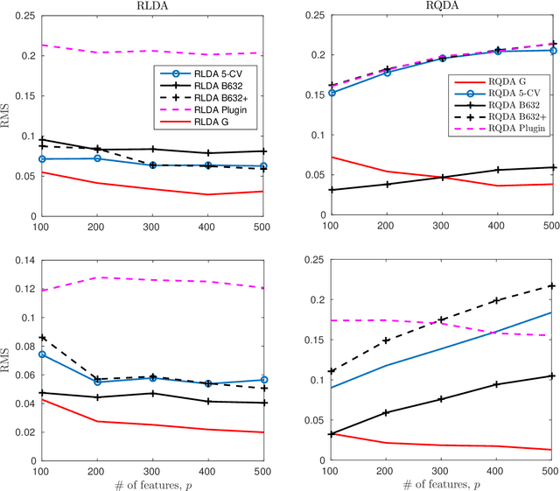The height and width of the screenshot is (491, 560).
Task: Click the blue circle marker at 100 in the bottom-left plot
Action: click(42, 354)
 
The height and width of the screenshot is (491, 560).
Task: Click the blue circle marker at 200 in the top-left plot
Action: click(97, 158)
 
